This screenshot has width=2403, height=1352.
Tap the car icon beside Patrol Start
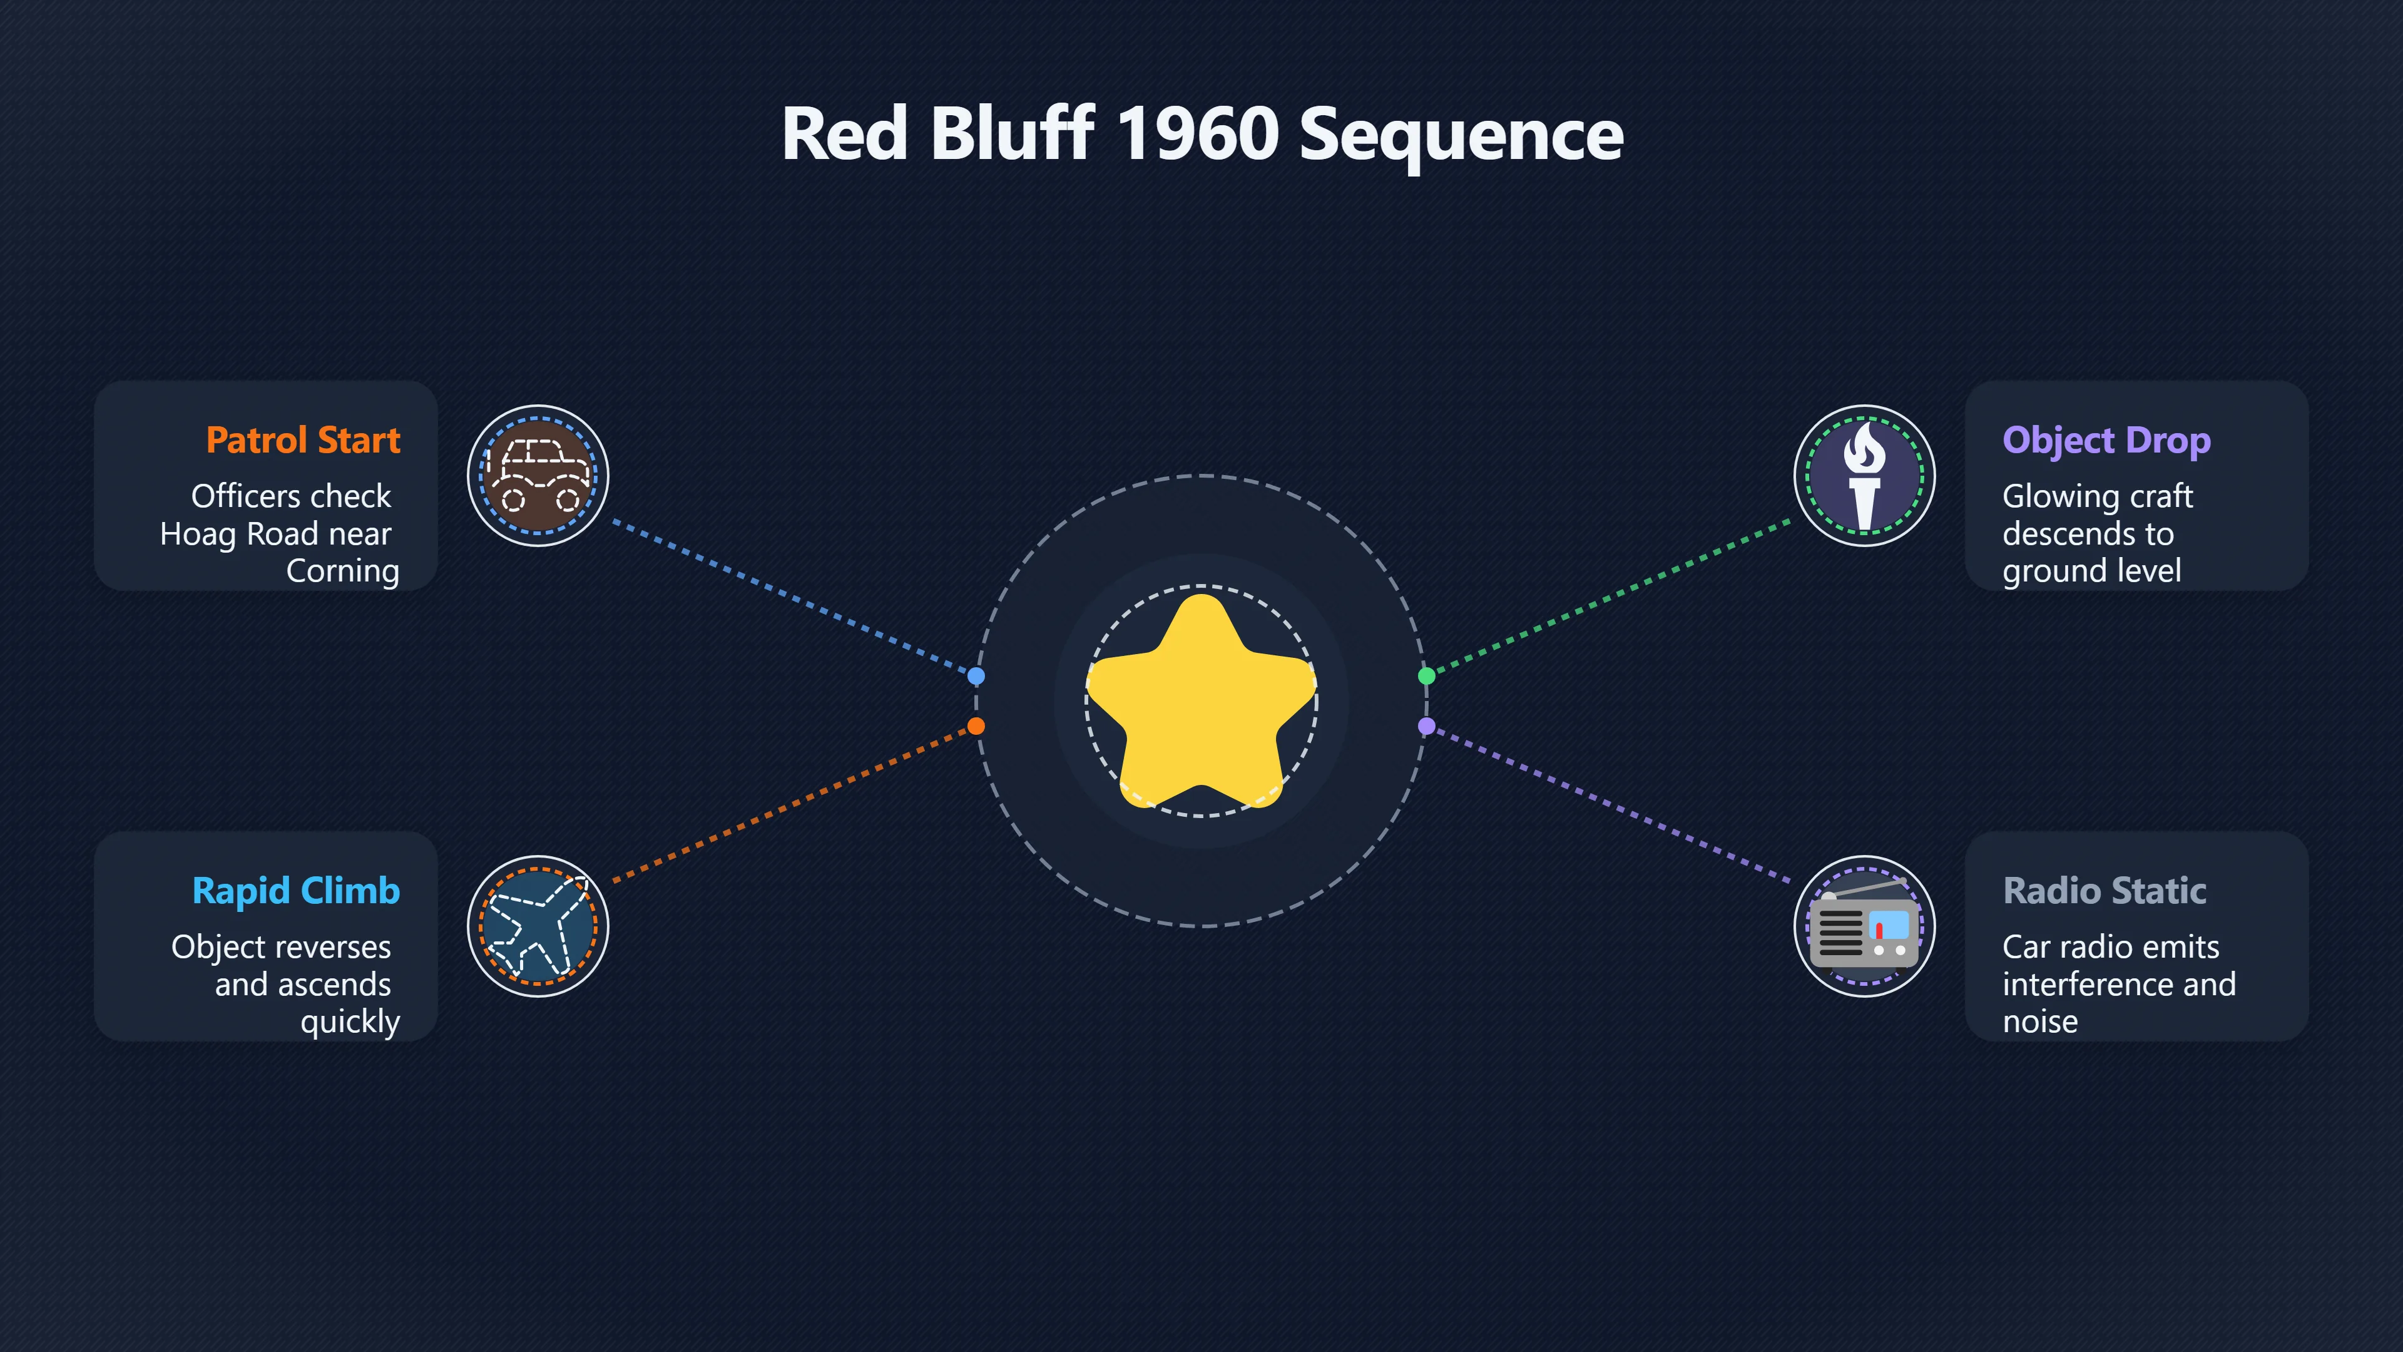pyautogui.click(x=538, y=476)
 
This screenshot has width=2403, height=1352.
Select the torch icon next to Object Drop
pyautogui.click(x=1865, y=476)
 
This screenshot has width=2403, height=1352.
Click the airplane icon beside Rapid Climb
pyautogui.click(x=538, y=926)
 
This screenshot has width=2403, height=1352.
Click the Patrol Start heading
pyautogui.click(x=303, y=439)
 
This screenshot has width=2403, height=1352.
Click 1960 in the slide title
pyautogui.click(x=1198, y=133)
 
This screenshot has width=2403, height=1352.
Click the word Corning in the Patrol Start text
pyautogui.click(x=342, y=571)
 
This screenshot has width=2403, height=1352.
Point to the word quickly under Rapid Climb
pyautogui.click(x=350, y=1022)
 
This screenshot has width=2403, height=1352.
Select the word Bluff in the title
pyautogui.click(x=1012, y=133)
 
